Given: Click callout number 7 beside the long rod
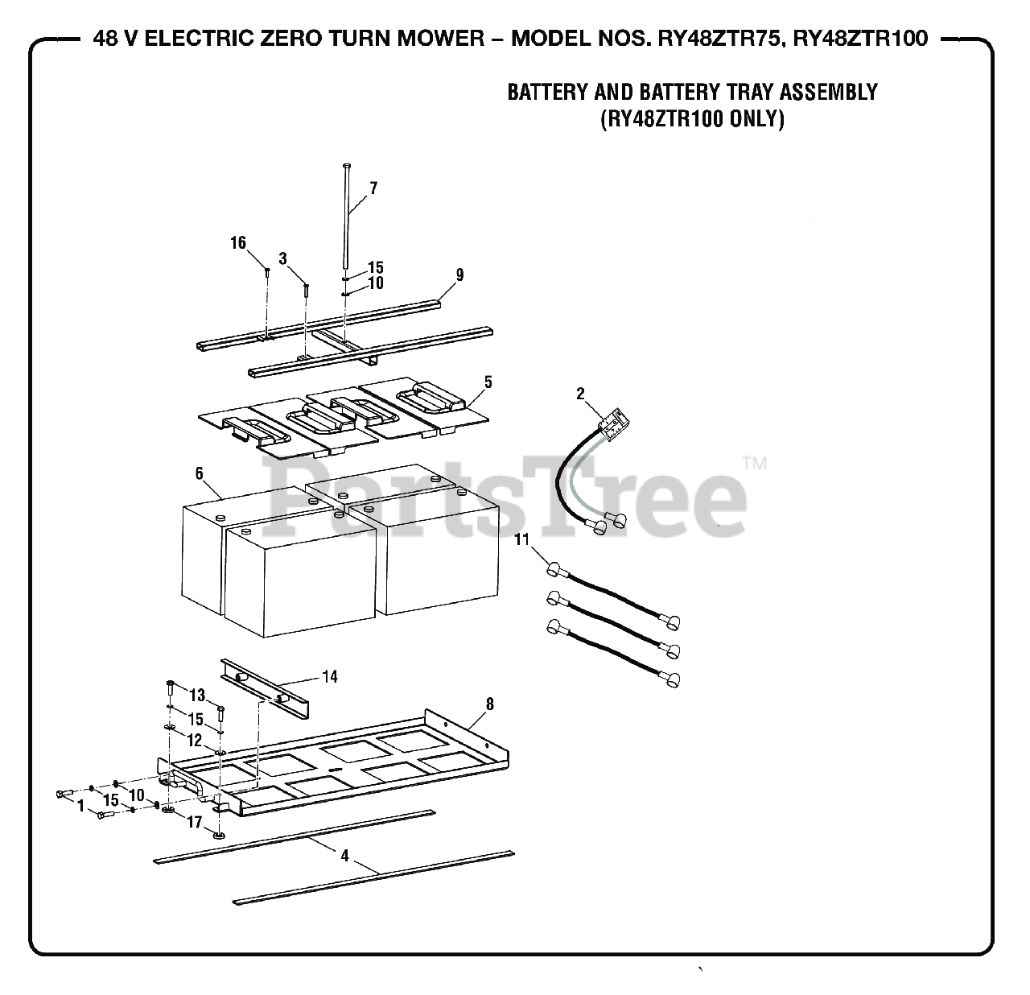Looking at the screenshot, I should [x=373, y=188].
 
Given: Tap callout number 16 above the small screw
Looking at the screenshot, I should [x=238, y=243].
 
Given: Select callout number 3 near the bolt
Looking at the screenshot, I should [x=282, y=258].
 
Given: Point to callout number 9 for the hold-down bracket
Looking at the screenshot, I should [x=459, y=275].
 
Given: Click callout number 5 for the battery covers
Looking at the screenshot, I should [x=488, y=382].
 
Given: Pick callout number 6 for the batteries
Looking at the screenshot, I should [x=199, y=474].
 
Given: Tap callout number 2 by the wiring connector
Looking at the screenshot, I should [x=580, y=394].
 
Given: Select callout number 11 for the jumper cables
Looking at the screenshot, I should [x=522, y=539].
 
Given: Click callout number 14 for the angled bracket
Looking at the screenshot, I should [x=330, y=676].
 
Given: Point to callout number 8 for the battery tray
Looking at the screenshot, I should [x=489, y=704].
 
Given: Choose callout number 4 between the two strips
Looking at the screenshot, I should [x=344, y=856].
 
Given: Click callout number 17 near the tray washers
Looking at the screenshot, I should [x=194, y=822].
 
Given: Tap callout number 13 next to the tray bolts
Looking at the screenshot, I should [x=197, y=695].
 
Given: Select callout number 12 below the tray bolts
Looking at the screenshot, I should [x=195, y=740].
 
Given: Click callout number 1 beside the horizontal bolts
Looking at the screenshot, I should [x=80, y=804].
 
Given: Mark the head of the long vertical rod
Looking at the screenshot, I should [x=345, y=165].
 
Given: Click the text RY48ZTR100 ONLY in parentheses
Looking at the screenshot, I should [x=692, y=119].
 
